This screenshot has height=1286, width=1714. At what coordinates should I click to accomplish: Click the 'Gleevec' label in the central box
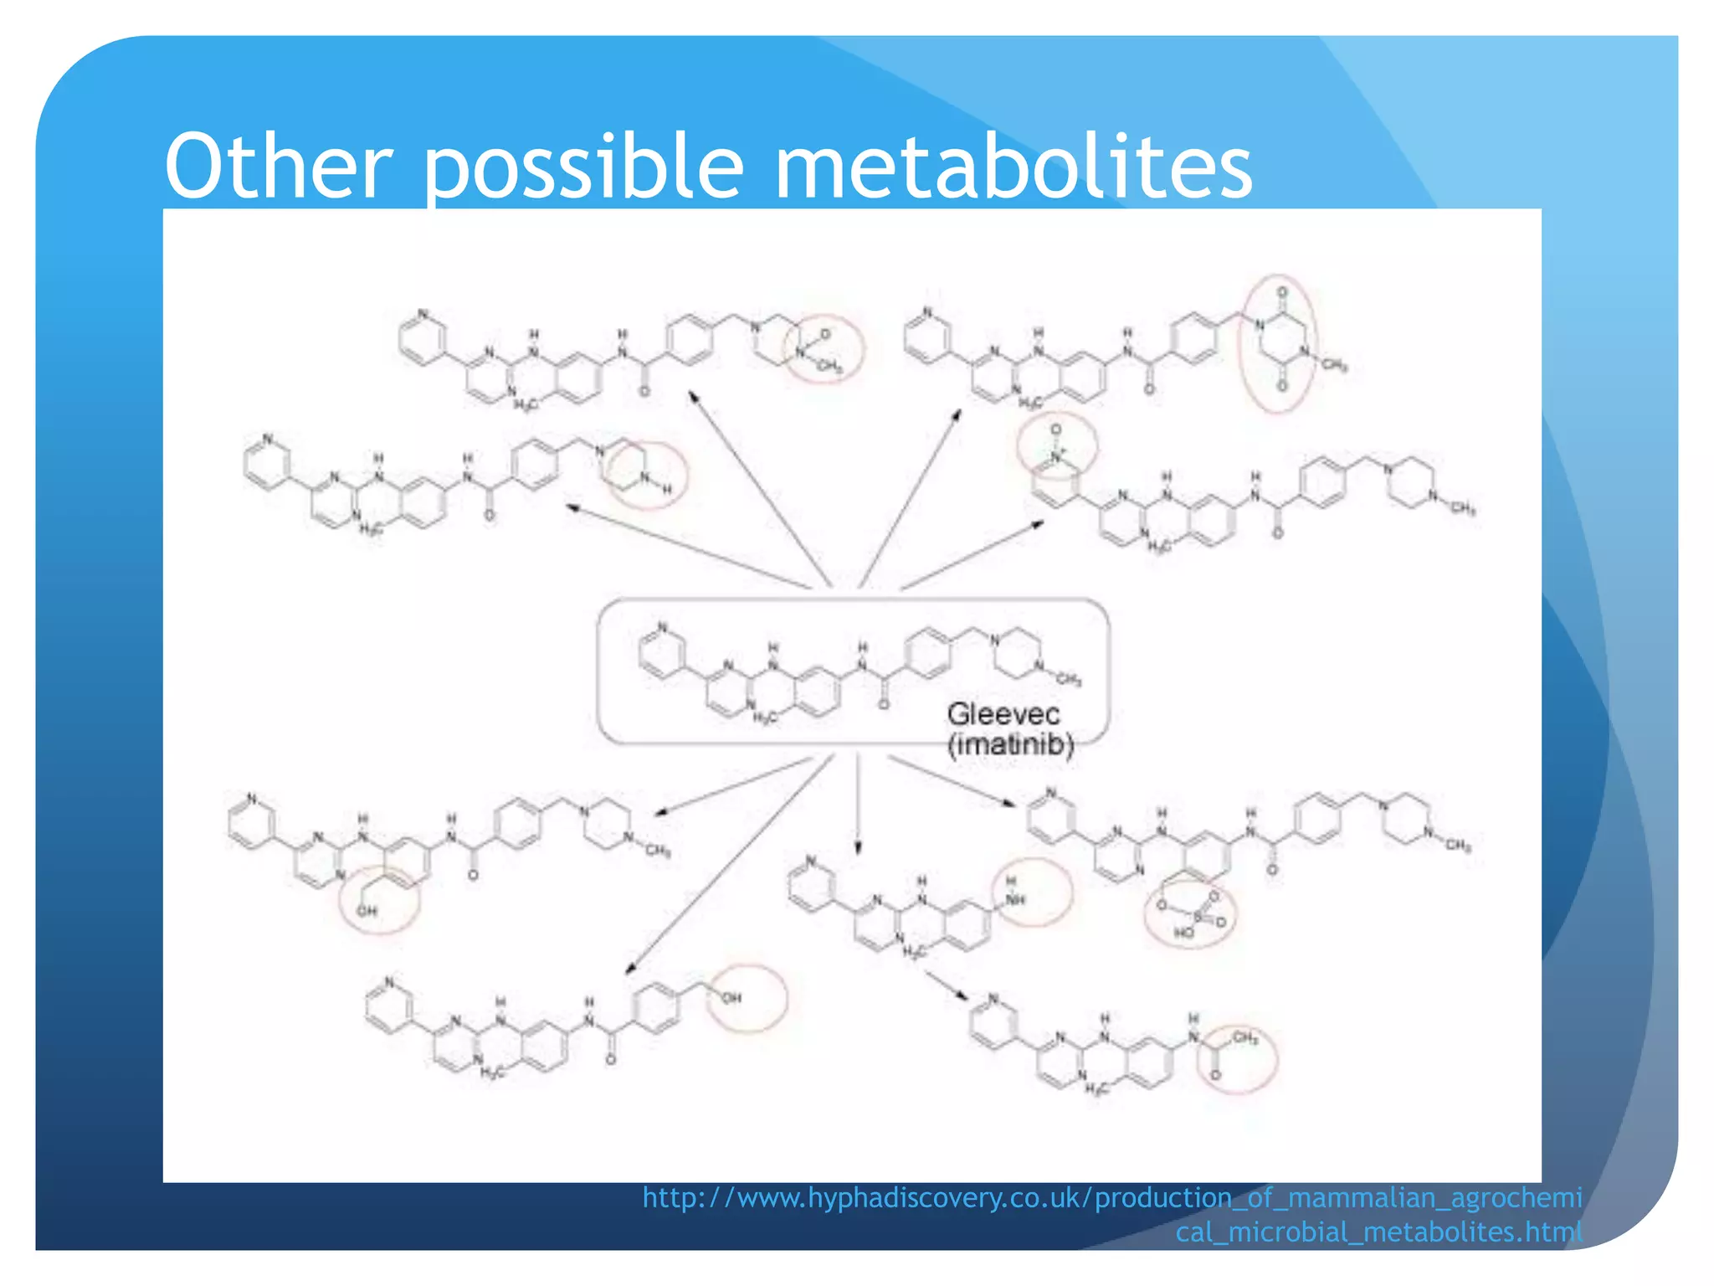[1003, 714]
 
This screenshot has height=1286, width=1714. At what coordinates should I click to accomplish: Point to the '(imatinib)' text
[1010, 744]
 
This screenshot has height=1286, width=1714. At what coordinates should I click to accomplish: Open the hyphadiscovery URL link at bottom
[1112, 1214]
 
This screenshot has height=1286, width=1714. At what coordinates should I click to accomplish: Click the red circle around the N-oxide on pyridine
[1057, 445]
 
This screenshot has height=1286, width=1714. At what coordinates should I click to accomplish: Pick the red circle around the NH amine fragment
[1032, 892]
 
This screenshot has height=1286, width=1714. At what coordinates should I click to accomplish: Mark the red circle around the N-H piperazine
[646, 475]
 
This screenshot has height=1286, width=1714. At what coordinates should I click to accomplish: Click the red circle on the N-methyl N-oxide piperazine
[823, 348]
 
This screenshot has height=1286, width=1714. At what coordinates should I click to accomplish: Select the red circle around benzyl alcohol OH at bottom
[747, 998]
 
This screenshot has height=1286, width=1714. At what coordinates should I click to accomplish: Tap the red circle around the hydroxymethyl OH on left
[379, 899]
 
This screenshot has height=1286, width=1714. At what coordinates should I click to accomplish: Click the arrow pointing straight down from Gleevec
[857, 804]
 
